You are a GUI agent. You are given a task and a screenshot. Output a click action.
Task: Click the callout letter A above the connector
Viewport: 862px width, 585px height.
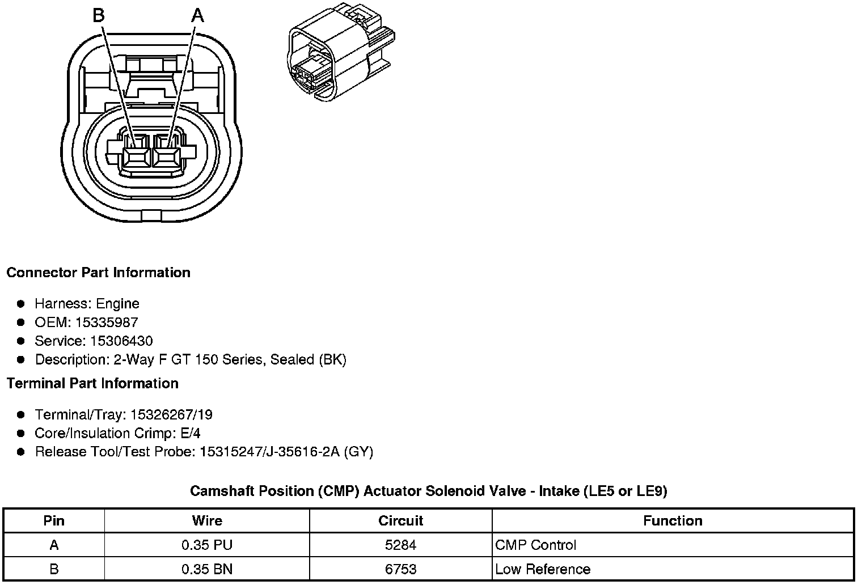197,16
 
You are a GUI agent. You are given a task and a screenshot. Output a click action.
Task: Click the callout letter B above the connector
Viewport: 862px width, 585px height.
99,16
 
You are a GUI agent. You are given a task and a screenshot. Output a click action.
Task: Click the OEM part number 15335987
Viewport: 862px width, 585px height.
107,323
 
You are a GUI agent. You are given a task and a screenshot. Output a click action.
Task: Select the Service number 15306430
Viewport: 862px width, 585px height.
121,341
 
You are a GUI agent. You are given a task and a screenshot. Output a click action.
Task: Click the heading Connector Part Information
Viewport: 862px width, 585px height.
99,272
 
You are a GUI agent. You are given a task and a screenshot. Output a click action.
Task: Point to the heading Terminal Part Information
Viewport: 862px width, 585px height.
93,383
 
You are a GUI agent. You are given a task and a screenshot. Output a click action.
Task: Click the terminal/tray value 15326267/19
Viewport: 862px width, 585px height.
171,414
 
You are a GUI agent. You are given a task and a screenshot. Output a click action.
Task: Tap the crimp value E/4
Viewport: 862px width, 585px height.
191,433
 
